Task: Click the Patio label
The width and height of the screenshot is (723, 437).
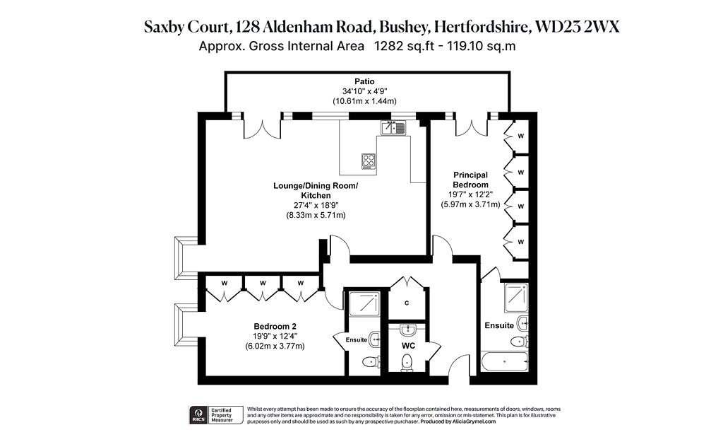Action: (364, 82)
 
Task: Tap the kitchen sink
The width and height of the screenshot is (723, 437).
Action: (393, 127)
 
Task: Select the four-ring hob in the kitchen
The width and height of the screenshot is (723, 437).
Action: (368, 161)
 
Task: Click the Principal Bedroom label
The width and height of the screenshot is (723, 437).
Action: (470, 180)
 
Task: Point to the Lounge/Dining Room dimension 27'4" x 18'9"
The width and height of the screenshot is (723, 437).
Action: (316, 205)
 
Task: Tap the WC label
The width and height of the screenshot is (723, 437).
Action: (408, 346)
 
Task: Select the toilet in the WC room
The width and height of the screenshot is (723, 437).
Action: (407, 362)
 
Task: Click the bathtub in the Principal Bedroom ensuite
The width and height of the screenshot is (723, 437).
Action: (504, 361)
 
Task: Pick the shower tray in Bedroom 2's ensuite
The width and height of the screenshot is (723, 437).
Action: (364, 303)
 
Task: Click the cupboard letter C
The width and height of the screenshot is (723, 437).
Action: (407, 303)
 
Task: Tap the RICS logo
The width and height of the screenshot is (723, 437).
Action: (198, 415)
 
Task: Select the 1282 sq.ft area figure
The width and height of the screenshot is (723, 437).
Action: (404, 46)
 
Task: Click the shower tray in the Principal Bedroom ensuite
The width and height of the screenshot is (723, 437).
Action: (516, 298)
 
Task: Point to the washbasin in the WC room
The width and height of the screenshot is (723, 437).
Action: (408, 330)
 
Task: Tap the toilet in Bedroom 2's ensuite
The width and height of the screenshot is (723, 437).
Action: (370, 362)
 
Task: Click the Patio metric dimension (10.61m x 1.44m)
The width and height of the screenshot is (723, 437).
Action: (364, 101)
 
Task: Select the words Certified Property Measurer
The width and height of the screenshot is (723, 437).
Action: (221, 415)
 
